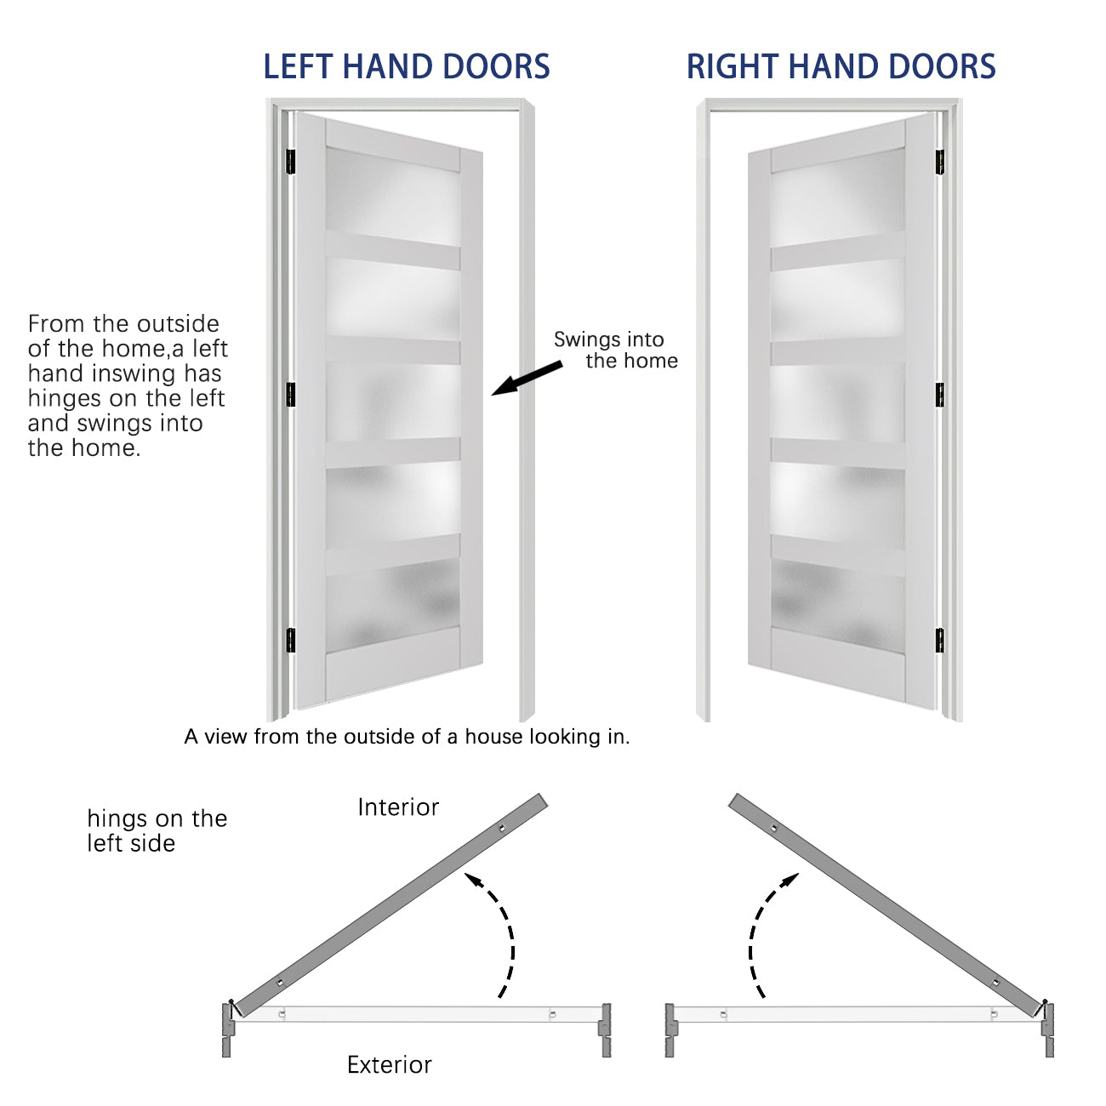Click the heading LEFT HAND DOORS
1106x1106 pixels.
[x=406, y=67]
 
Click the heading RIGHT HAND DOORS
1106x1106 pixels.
[x=841, y=67]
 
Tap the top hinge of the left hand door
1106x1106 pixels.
[x=290, y=161]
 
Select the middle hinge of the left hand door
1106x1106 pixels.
[x=290, y=394]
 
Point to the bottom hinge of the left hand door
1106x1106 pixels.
[x=290, y=640]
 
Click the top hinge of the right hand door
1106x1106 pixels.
[x=940, y=162]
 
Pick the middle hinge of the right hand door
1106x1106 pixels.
[x=940, y=394]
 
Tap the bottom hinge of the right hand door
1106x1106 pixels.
[x=940, y=640]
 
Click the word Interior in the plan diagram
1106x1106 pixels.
[x=398, y=807]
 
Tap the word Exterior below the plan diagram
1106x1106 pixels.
[x=389, y=1064]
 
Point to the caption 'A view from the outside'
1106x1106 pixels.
[x=407, y=737]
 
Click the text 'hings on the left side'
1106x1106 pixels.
[x=157, y=830]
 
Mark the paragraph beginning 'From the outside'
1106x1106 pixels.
[x=128, y=385]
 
